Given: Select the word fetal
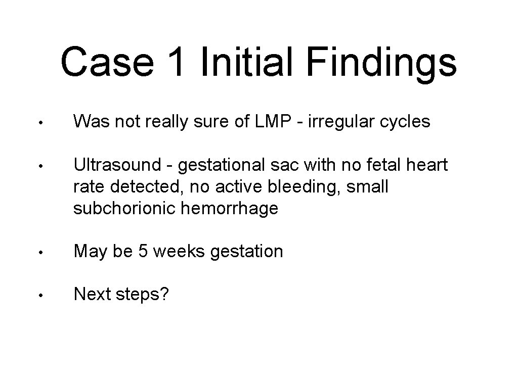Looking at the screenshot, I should tap(377, 165).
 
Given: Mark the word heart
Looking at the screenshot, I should tap(426, 165).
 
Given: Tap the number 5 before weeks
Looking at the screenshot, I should tap(143, 251).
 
